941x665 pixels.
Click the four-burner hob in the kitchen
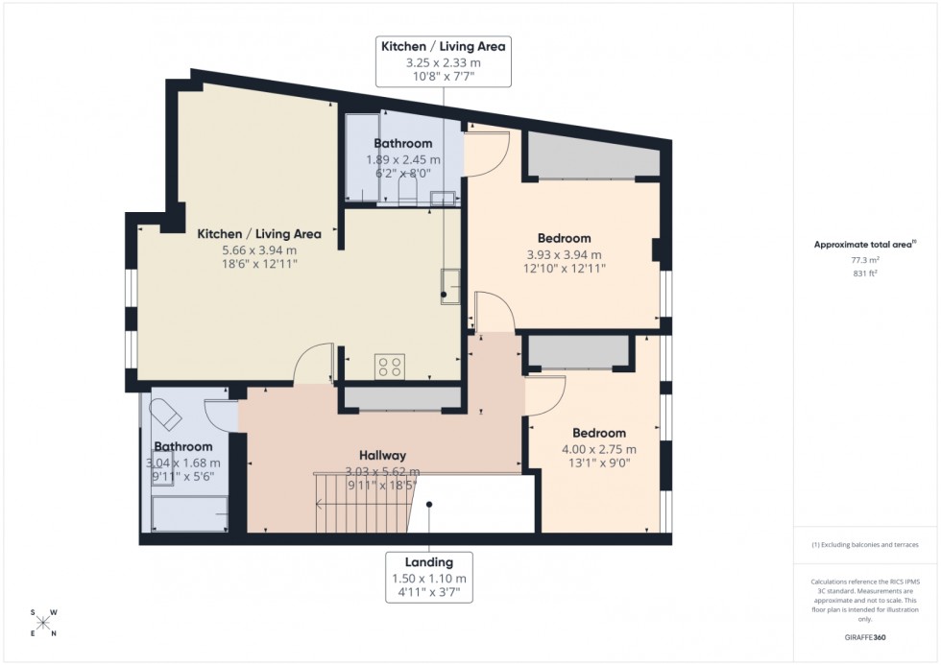point(389,365)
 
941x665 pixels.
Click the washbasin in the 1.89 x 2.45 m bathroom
point(443,199)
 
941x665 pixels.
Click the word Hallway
point(382,456)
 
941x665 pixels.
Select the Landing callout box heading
point(429,562)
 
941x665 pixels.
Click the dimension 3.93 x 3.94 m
point(564,254)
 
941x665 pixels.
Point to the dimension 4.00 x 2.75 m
point(598,449)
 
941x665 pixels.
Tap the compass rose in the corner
point(42,621)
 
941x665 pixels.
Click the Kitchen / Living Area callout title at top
point(443,46)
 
